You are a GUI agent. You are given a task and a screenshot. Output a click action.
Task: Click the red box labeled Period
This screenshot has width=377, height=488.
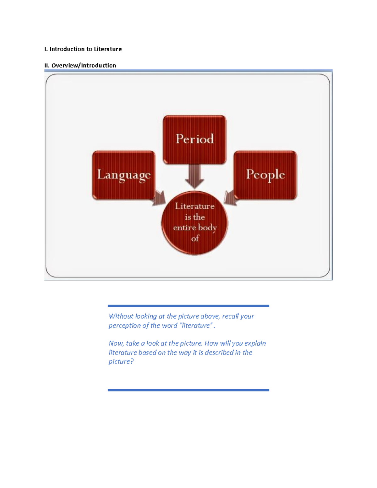[x=194, y=139]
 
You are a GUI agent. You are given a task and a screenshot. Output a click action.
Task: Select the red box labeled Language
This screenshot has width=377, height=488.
[x=123, y=175]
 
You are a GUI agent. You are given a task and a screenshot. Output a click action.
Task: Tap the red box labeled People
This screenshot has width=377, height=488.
[x=265, y=175]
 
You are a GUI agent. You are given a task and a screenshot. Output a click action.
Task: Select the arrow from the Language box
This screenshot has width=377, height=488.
[x=159, y=198]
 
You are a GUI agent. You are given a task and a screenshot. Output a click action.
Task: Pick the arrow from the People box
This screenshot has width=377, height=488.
[x=231, y=198]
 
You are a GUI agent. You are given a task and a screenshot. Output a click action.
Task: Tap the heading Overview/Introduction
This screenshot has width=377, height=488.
[x=84, y=65]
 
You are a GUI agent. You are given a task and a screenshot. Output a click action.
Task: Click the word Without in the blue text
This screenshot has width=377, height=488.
[x=121, y=316]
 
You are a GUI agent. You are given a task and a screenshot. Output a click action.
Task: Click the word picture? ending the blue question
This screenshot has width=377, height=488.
[x=121, y=361]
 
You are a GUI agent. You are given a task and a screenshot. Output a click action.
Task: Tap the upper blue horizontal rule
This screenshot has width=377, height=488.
[x=188, y=306]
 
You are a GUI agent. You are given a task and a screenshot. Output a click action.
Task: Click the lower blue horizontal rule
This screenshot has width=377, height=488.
[x=188, y=390]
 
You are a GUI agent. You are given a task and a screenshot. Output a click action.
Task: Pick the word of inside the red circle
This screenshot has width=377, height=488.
[x=195, y=239]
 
